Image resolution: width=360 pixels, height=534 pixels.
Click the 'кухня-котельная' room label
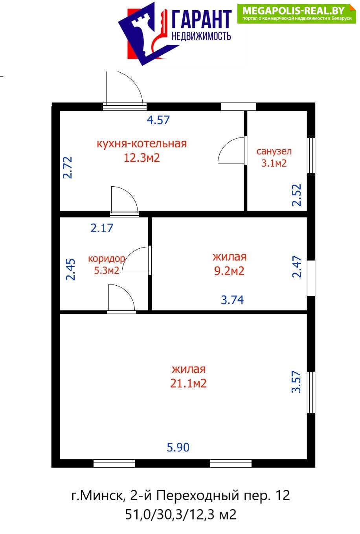[141, 144]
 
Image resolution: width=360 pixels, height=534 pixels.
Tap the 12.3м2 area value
[141, 158]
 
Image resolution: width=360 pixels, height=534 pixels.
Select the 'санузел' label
[274, 151]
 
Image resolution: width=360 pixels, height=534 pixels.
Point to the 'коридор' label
[107, 259]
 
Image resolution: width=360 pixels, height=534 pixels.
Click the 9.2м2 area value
[229, 271]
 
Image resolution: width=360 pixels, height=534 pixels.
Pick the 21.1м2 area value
[188, 384]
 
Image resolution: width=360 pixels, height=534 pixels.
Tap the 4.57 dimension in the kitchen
[158, 120]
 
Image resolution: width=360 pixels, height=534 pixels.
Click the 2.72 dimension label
[68, 167]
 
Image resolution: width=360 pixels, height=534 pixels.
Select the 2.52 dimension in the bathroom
[297, 195]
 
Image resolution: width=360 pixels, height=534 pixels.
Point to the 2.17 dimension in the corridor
[102, 228]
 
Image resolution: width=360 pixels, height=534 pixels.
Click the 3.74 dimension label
[232, 300]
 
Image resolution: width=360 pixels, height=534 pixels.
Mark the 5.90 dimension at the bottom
[178, 448]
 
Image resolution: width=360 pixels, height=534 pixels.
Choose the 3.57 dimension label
[297, 382]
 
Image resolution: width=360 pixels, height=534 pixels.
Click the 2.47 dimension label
[297, 266]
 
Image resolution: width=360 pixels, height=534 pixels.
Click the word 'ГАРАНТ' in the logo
[202, 19]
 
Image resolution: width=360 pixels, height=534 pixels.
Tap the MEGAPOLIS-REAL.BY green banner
[296, 14]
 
